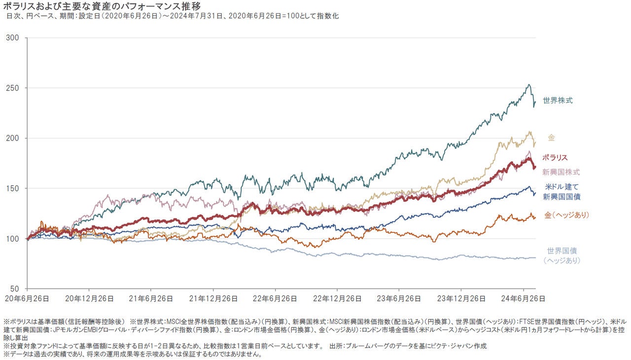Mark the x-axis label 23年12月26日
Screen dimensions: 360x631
click(460, 298)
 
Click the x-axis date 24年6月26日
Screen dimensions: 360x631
click(523, 298)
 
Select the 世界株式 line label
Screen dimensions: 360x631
click(558, 101)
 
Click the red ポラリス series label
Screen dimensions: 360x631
click(555, 158)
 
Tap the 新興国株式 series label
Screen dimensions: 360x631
click(561, 172)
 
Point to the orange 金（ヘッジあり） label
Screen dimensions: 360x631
click(567, 215)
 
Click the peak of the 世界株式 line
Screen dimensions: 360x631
click(529, 84)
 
